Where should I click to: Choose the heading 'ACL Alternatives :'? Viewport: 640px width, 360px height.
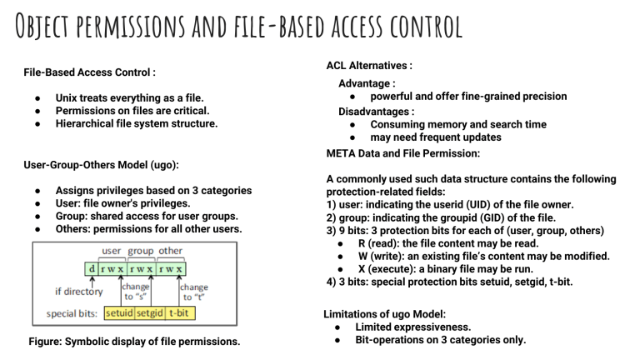click(369, 66)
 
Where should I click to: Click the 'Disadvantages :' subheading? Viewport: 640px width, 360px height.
click(376, 111)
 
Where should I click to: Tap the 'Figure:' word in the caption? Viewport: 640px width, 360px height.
click(47, 341)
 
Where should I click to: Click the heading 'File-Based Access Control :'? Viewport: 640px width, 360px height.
click(90, 72)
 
